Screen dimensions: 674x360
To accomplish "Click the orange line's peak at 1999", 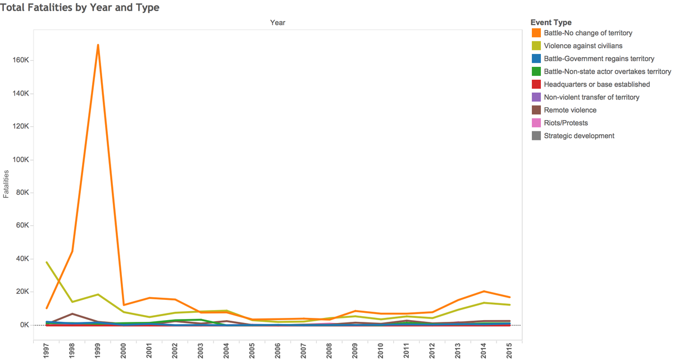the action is tap(98, 45).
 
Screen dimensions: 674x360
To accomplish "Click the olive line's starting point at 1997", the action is tap(47, 262).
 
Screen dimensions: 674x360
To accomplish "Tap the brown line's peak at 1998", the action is tap(72, 314).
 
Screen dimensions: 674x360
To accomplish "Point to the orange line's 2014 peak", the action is tap(484, 291).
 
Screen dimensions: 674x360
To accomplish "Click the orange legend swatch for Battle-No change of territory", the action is tap(536, 33).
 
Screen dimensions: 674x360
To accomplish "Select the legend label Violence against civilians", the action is tap(583, 45).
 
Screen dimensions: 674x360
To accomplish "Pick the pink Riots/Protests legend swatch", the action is tap(536, 123).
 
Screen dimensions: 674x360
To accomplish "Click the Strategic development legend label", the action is tap(579, 136).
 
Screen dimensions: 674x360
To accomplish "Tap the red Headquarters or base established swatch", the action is tap(536, 84).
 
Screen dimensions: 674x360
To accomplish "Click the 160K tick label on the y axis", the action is tap(21, 60).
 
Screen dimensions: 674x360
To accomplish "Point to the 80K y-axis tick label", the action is tap(22, 193).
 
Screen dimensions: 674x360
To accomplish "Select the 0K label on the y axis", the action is tap(25, 325).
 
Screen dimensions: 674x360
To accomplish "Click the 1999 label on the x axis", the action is tap(98, 351).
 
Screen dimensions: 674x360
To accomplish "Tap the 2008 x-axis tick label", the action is tap(329, 351).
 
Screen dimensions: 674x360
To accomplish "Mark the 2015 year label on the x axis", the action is tap(509, 351).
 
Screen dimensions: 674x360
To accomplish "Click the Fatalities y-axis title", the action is tap(6, 184).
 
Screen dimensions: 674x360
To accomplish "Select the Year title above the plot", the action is tap(277, 22).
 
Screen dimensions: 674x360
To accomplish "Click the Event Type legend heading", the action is tap(551, 22).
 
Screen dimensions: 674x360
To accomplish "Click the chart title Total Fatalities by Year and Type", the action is tap(80, 7).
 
